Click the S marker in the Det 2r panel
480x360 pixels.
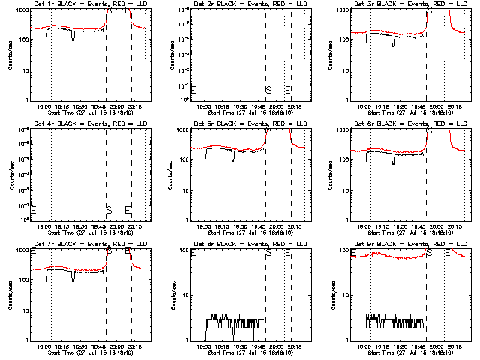click(268, 90)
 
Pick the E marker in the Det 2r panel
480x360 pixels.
click(288, 90)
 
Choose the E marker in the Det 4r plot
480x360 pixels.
click(127, 209)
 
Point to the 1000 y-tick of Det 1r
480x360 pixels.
click(22, 10)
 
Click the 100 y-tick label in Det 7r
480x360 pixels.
click(23, 280)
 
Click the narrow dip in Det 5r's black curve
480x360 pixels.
click(233, 158)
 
